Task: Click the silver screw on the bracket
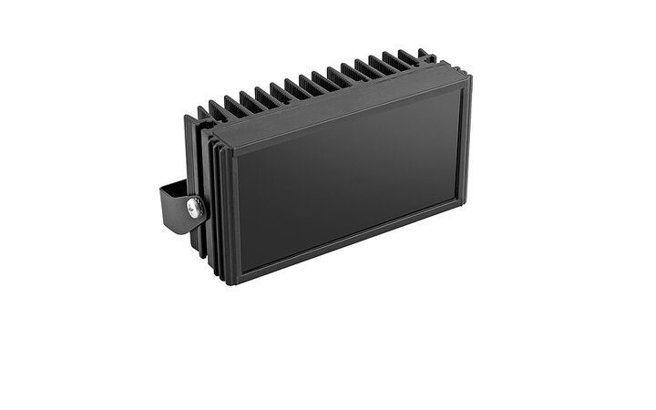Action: pyautogui.click(x=193, y=207)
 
